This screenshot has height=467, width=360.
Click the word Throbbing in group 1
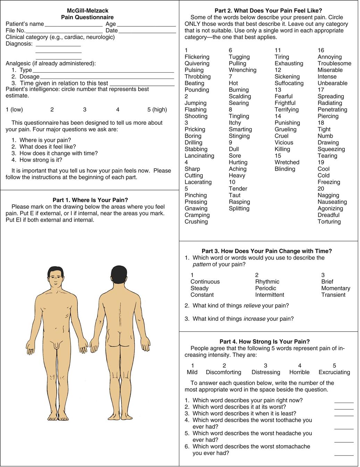(x=198, y=76)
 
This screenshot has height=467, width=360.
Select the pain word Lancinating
(x=199, y=156)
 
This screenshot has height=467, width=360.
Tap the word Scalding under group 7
(x=240, y=96)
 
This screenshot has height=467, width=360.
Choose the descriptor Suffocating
(x=289, y=83)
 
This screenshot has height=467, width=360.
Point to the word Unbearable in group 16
(x=332, y=83)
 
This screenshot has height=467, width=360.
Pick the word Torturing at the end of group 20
(x=329, y=222)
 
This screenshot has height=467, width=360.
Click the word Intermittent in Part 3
(x=269, y=295)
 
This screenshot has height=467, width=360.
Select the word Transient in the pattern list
(x=333, y=295)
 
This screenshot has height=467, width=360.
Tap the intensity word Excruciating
(x=334, y=372)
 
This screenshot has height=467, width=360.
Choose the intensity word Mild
(x=192, y=372)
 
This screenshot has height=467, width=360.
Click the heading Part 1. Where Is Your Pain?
(x=90, y=200)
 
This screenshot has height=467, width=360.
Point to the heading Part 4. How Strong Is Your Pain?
(x=265, y=342)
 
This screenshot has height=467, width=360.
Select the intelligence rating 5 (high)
(x=157, y=109)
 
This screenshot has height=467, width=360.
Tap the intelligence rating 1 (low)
(x=14, y=109)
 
